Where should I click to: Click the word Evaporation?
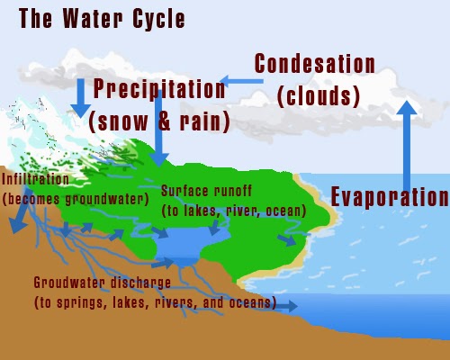(390, 196)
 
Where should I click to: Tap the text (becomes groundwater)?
(75, 196)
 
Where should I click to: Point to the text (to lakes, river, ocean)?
(233, 211)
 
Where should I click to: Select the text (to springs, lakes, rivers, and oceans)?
(154, 302)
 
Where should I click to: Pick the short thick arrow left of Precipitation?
(80, 100)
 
